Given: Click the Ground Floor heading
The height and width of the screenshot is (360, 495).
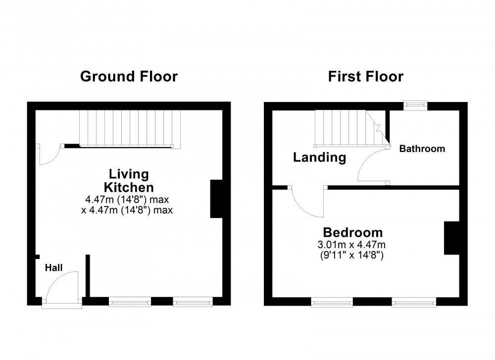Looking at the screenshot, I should (x=129, y=77).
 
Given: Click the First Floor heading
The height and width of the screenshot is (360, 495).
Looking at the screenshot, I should (x=365, y=77).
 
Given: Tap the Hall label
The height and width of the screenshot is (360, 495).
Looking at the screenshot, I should (x=54, y=268).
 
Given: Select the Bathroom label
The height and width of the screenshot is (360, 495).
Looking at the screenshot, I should (x=422, y=149).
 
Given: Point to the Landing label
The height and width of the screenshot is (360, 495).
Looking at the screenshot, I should (x=319, y=158).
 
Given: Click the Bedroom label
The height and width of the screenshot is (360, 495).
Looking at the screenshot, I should (x=352, y=232).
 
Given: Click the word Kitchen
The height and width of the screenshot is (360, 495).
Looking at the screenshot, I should (x=128, y=188).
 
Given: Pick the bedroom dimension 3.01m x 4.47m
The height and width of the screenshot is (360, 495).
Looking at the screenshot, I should (x=352, y=245).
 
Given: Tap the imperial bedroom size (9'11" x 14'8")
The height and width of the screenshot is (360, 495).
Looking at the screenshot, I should (x=352, y=256).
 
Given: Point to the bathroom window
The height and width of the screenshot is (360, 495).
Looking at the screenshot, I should (x=415, y=104).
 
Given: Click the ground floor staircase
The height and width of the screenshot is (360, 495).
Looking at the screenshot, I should (x=130, y=128).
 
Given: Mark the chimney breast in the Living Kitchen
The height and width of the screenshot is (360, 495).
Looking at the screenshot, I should (x=217, y=199).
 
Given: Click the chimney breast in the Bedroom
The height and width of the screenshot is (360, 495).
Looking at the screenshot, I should (x=450, y=238).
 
